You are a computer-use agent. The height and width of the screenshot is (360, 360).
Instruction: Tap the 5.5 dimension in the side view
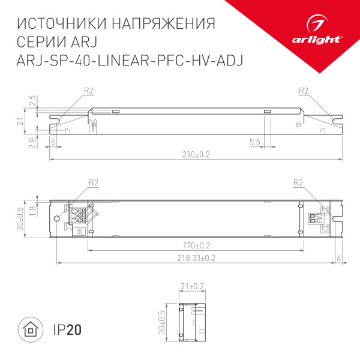point(255,142)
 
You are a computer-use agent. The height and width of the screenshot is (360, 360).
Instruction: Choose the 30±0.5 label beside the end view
point(161,323)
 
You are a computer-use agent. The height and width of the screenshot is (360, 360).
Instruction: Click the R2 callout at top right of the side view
point(303,91)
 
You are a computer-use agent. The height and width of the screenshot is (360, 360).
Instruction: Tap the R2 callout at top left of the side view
point(89,91)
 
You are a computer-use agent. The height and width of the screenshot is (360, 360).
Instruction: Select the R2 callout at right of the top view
point(298,183)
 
